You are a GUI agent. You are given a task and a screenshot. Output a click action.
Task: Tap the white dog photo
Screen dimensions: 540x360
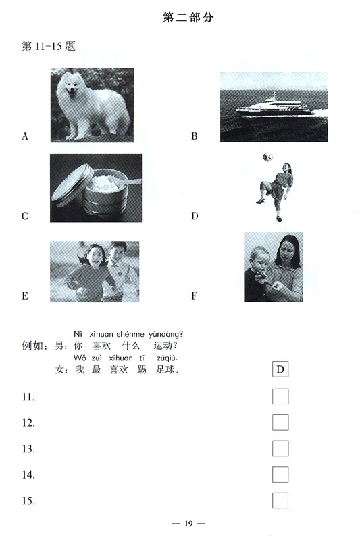click(92, 104)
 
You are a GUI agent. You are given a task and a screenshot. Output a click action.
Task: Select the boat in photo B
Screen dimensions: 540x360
click(270, 107)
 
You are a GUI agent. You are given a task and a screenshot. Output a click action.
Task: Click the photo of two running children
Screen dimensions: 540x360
click(95, 271)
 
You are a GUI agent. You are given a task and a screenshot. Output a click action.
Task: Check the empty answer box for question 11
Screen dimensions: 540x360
click(280, 396)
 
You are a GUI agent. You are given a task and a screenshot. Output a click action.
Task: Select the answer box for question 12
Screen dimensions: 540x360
click(280, 423)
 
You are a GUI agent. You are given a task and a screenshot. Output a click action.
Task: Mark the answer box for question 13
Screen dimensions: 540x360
click(280, 448)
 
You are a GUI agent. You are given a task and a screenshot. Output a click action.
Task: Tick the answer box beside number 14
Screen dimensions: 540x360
click(280, 475)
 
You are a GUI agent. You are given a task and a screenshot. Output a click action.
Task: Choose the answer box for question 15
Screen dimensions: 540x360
click(280, 500)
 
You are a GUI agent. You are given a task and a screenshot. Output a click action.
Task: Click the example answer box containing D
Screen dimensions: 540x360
click(280, 369)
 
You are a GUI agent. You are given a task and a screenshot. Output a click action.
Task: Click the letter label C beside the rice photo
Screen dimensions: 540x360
click(25, 217)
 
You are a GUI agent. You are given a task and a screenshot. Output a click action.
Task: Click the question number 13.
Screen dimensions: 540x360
click(28, 450)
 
